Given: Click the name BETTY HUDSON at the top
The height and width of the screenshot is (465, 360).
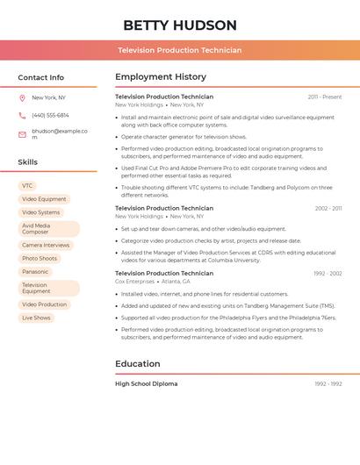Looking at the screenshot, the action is (x=179, y=25).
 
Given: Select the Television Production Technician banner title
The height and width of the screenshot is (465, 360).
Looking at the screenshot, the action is (x=179, y=50).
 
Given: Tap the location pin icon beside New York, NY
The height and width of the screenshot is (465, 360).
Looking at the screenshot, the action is (x=22, y=97).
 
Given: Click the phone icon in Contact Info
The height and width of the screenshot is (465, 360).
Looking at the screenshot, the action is (x=22, y=115).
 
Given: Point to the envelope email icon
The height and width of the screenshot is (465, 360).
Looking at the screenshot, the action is (x=22, y=134).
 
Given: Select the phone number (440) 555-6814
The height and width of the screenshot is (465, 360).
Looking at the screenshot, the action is (x=50, y=115).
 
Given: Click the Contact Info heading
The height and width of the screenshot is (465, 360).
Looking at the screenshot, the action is (x=40, y=77).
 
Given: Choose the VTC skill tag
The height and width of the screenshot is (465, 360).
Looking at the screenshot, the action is (x=27, y=186).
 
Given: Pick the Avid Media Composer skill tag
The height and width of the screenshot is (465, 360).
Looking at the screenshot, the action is (x=47, y=229).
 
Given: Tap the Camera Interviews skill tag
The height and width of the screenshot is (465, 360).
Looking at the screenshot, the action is (x=46, y=246).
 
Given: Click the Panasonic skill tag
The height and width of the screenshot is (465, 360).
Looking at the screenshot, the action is (x=35, y=272).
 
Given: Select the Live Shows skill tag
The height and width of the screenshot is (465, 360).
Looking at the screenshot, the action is (x=36, y=318).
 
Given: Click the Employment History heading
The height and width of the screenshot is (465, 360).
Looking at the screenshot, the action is (x=160, y=77).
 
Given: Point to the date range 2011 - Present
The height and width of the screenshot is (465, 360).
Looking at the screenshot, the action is (x=324, y=97).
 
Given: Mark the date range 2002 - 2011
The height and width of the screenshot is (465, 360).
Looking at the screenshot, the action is (x=328, y=208).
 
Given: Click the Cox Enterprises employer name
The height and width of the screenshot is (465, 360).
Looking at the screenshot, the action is (x=134, y=282).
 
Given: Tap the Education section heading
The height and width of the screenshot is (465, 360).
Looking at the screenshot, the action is (x=137, y=363).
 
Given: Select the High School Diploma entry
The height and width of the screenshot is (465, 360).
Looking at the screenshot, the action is (x=146, y=383).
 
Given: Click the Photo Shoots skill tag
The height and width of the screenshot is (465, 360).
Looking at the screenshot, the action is (x=40, y=259).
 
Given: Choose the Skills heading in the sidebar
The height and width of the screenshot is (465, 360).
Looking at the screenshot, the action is (x=27, y=162).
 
